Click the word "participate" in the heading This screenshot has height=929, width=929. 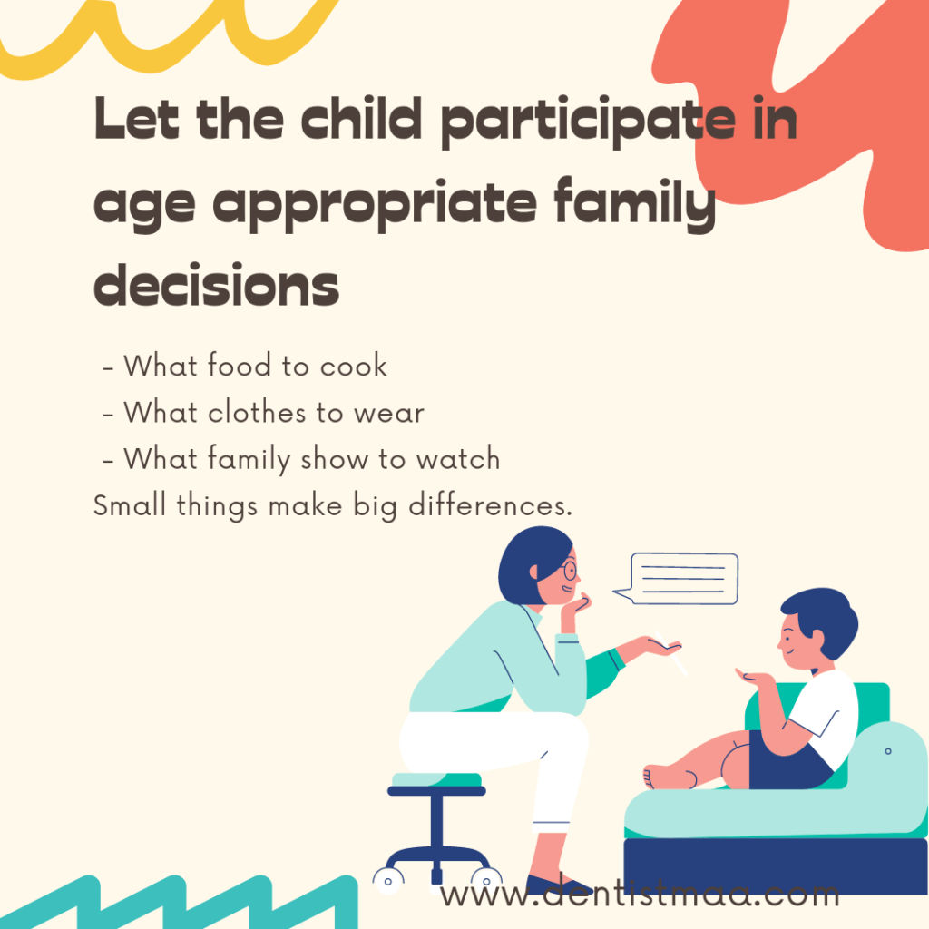pos(589,122)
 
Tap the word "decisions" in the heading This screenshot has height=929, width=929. pos(216,285)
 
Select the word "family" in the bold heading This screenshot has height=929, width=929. pos(635,204)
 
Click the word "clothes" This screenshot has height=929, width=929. pos(258,412)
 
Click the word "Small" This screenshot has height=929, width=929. pos(130,505)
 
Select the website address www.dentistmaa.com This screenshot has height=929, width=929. pos(640,894)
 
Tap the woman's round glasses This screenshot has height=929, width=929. pos(570,570)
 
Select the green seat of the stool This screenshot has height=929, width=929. pos(436,779)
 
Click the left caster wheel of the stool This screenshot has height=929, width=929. pos(388,880)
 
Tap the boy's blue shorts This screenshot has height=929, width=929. pos(785,761)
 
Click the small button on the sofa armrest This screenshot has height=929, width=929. pos(887,751)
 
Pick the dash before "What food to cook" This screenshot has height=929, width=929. pos(108,368)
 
